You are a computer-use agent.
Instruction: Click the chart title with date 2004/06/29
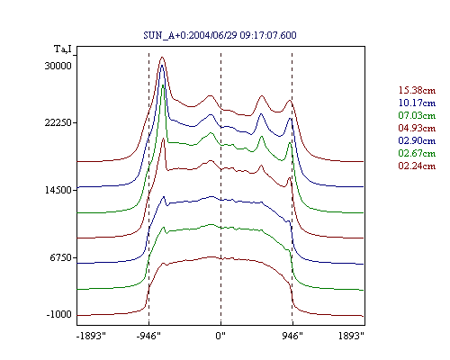[220, 35]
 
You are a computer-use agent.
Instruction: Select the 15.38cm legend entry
[417, 90]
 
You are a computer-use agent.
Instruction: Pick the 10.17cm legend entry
[417, 103]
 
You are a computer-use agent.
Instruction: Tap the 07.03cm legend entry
[417, 115]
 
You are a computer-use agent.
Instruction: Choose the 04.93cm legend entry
[417, 128]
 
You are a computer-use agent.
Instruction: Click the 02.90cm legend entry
[417, 140]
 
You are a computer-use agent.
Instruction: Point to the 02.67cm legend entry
[417, 153]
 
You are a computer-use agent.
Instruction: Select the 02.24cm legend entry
[417, 166]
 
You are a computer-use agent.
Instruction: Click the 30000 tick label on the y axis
[58, 66]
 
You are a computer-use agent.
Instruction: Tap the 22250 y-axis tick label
[58, 122]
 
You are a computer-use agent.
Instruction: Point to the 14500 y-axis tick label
[58, 190]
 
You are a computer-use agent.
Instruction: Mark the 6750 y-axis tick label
[61, 257]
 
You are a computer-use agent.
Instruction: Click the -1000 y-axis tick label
[59, 314]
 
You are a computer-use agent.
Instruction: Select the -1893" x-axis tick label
[92, 336]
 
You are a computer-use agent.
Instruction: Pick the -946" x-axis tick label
[148, 336]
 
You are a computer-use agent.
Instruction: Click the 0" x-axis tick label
[220, 336]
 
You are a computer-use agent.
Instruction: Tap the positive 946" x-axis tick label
[292, 336]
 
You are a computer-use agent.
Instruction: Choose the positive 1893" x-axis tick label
[351, 336]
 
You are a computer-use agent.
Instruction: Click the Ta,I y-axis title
[63, 49]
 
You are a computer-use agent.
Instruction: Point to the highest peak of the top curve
[162, 57]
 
